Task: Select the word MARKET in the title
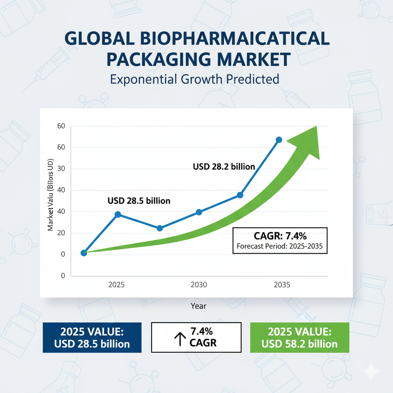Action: [x=255, y=60]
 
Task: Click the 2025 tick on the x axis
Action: [x=116, y=285]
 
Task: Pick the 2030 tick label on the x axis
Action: [x=199, y=285]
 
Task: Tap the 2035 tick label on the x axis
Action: [x=282, y=285]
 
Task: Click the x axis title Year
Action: [x=198, y=306]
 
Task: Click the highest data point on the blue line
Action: [x=279, y=140]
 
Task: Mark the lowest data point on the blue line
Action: [x=84, y=253]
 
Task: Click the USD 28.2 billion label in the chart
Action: [x=224, y=167]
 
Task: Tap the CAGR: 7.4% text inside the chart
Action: [x=280, y=236]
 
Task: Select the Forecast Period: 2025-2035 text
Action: [x=280, y=247]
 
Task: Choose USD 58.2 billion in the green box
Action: [x=299, y=344]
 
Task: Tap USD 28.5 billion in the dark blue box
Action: [x=92, y=344]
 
